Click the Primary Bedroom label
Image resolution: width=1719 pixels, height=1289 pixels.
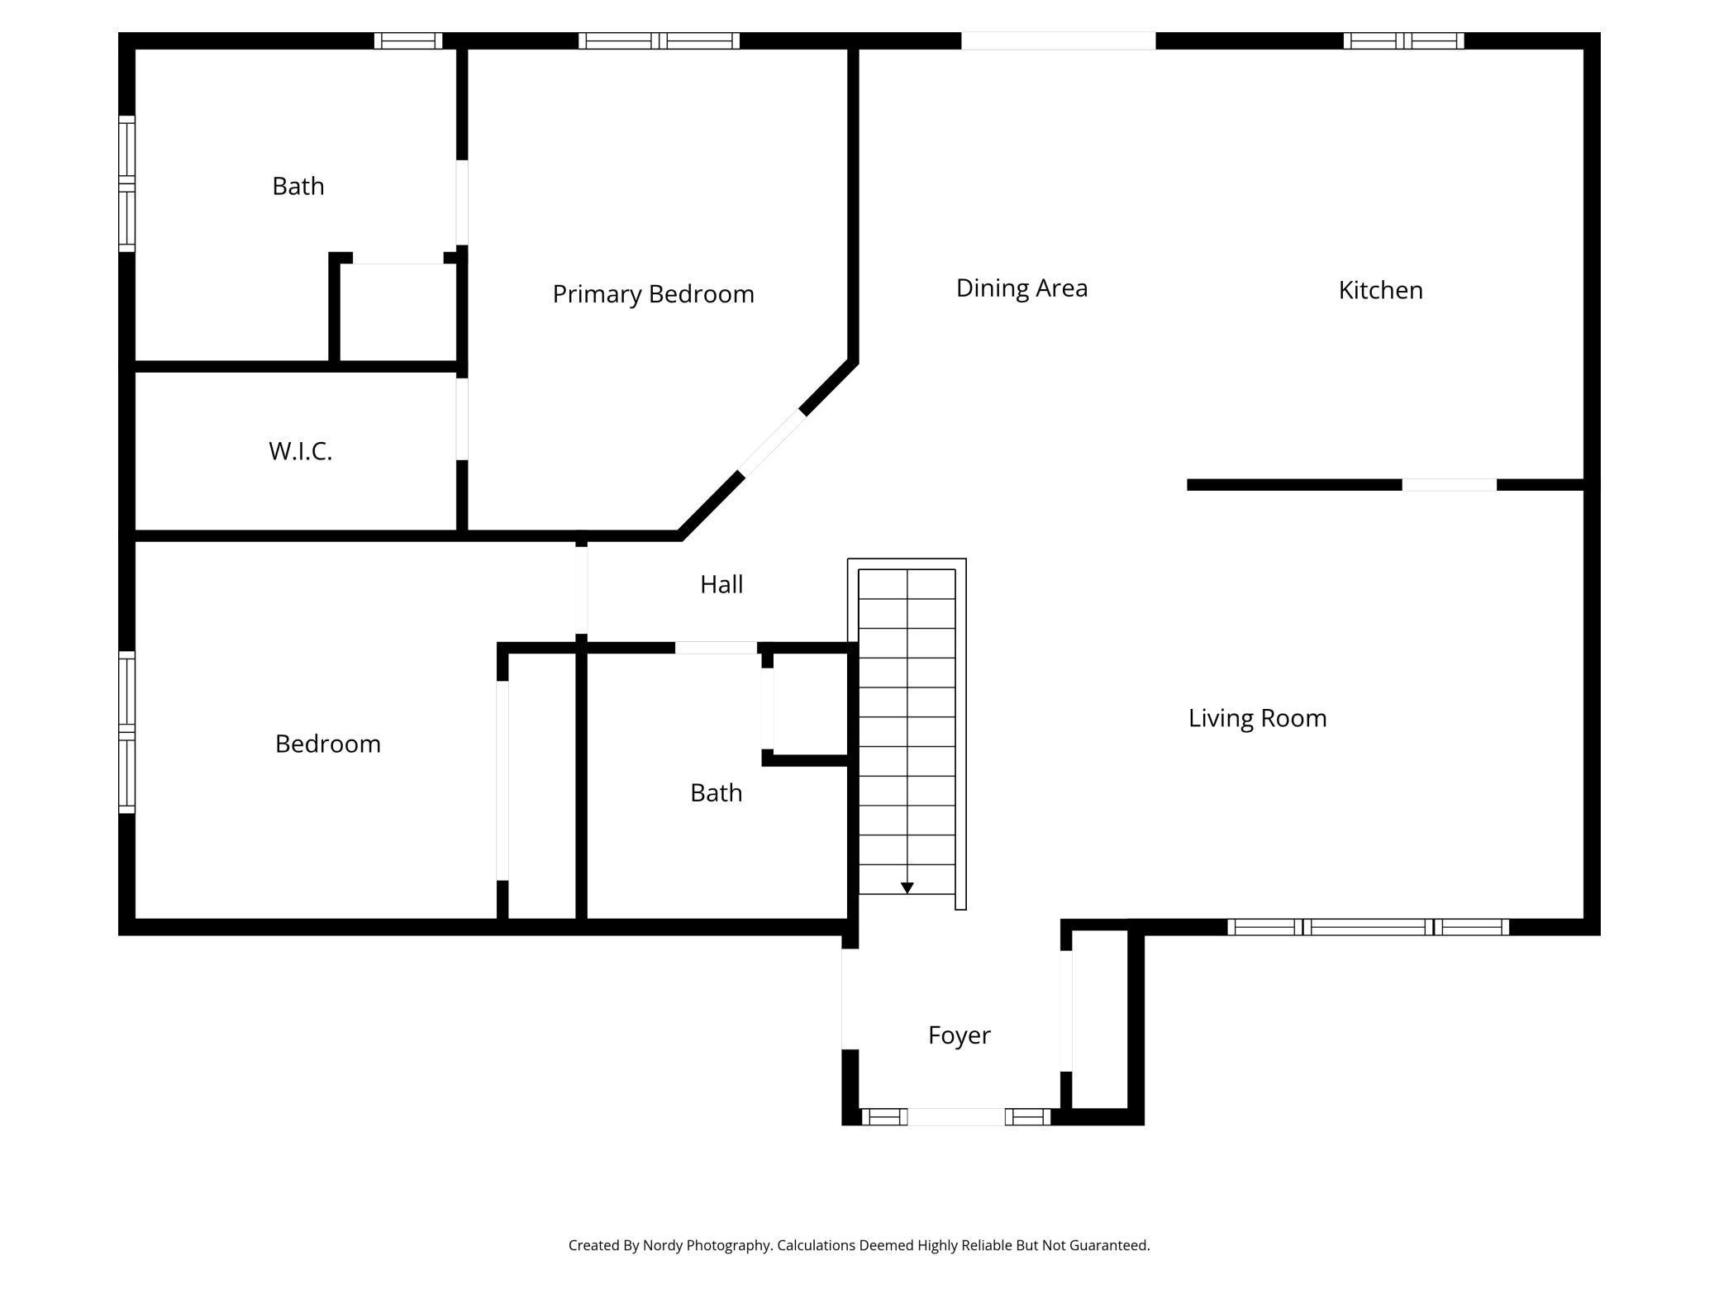click(x=653, y=295)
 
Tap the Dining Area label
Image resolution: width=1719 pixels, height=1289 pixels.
click(x=1021, y=288)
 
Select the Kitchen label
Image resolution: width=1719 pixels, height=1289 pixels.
click(x=1380, y=290)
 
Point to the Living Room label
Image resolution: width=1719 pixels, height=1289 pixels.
click(x=1257, y=719)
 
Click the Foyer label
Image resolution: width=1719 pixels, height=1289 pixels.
click(x=959, y=1035)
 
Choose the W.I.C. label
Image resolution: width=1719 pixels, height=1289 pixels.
click(x=300, y=451)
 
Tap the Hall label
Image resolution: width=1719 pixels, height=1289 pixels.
click(x=721, y=585)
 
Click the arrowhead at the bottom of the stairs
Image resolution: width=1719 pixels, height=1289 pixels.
click(x=907, y=888)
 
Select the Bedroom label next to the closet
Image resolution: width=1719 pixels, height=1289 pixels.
click(x=327, y=744)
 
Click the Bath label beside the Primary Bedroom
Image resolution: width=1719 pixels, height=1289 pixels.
click(x=298, y=186)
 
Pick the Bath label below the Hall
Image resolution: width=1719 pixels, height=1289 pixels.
click(x=716, y=793)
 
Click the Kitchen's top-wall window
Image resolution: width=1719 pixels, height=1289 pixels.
click(x=1403, y=40)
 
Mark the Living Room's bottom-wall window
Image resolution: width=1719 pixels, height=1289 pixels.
click(x=1368, y=927)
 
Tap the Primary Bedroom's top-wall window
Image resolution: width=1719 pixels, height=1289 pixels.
click(x=659, y=40)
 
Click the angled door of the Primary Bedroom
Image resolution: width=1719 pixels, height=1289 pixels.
click(x=772, y=442)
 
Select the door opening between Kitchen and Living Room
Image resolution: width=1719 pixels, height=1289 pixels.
click(x=1449, y=485)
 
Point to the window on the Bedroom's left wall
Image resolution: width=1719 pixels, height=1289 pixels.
click(x=126, y=732)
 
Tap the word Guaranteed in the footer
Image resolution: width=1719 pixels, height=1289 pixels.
click(x=1108, y=1245)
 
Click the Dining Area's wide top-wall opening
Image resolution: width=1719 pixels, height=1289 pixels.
click(x=1058, y=40)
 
